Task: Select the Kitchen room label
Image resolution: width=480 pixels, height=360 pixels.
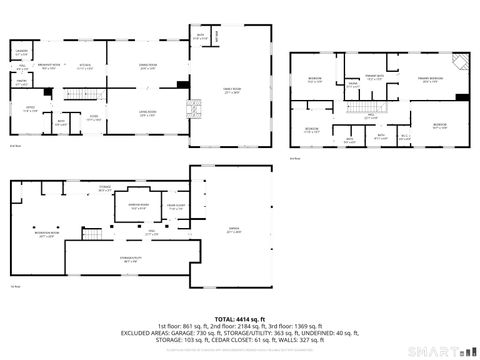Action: point(86,68)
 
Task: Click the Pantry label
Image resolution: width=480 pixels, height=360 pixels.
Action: point(21,84)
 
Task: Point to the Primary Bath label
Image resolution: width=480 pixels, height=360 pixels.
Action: point(375,77)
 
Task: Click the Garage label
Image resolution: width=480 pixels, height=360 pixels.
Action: point(233,231)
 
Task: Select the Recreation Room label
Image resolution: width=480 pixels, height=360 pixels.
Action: point(47,236)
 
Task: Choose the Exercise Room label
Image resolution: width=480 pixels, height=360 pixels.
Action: point(138,207)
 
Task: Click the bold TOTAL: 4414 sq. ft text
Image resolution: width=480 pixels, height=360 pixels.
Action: point(239,318)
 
